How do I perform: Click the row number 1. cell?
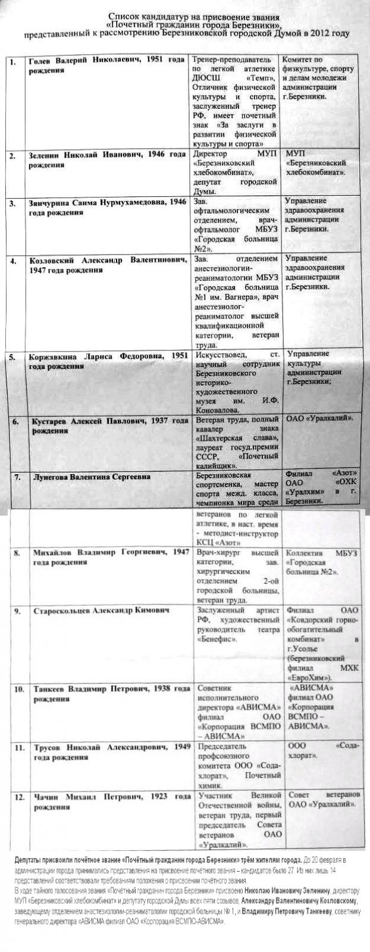point(13,62)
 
